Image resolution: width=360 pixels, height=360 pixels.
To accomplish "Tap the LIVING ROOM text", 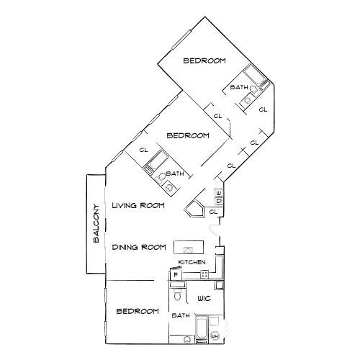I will click(138, 205).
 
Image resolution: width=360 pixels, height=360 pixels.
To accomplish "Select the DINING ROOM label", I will click(140, 247).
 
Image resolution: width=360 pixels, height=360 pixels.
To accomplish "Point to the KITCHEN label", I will click(192, 262).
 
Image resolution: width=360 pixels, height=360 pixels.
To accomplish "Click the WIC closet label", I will click(204, 297).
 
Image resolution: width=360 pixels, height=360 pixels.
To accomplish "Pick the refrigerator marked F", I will click(176, 274).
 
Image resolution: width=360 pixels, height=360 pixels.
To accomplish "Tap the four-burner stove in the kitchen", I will click(204, 274).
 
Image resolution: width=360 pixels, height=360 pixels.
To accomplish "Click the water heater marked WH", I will click(215, 336).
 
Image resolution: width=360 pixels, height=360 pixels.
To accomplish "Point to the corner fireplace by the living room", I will click(195, 210).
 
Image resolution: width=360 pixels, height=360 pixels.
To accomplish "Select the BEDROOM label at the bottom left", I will click(137, 311).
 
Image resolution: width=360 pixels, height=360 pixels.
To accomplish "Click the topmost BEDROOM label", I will click(204, 60).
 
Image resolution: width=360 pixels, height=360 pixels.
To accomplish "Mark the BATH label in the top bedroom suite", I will click(239, 88).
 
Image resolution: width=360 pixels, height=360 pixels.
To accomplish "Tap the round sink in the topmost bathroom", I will click(247, 101).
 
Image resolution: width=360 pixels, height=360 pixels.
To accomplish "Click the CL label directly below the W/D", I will click(213, 212).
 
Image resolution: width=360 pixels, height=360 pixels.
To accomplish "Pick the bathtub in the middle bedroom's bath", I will click(156, 165).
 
